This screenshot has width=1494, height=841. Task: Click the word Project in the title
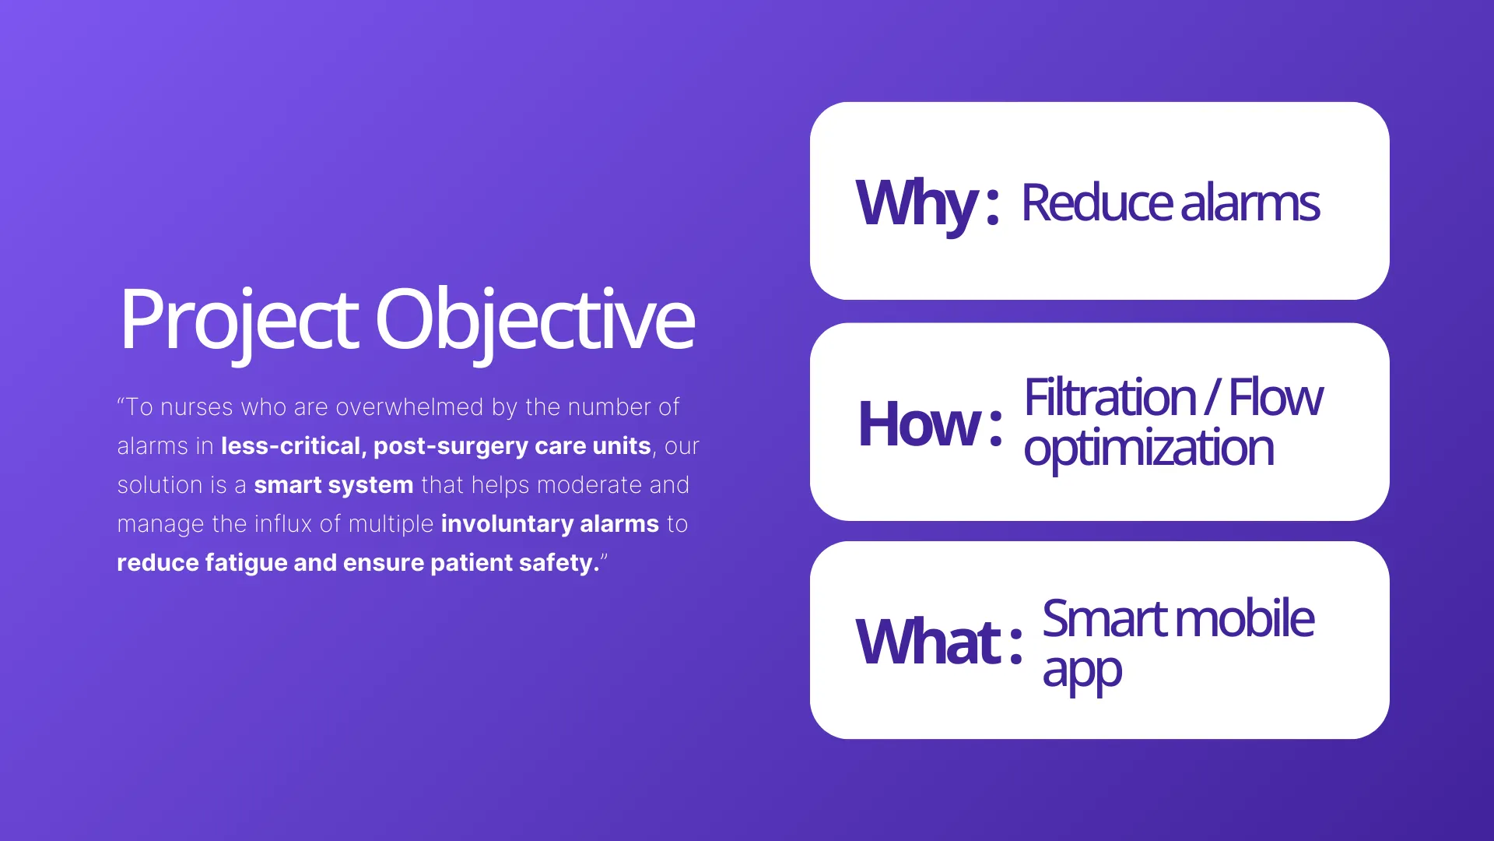(238, 319)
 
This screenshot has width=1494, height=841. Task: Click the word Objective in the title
(535, 319)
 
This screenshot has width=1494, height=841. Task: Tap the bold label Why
(916, 202)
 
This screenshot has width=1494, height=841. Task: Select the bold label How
(919, 424)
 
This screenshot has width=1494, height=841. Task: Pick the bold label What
(928, 642)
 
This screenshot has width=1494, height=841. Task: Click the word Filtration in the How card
(1109, 397)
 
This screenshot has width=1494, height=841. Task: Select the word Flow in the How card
(1275, 397)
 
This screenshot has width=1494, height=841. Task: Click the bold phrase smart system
(333, 485)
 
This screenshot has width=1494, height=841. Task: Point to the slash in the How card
(1212, 397)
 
